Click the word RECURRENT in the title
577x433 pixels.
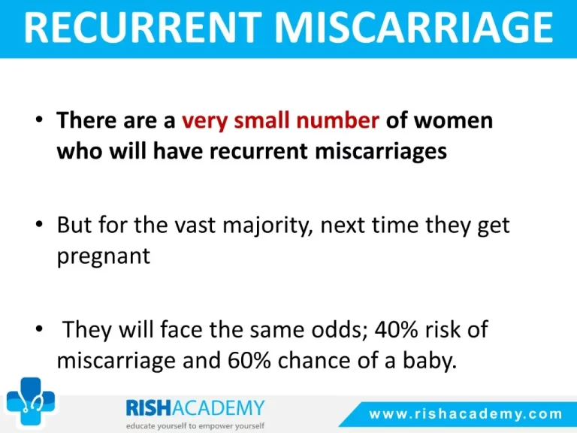(143, 27)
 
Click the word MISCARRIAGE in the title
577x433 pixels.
(414, 27)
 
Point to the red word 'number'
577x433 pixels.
(337, 120)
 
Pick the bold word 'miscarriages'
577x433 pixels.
(381, 152)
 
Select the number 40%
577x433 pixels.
(397, 329)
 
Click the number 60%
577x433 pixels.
(249, 360)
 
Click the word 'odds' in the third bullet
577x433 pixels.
(340, 329)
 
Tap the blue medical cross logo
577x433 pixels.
(31, 401)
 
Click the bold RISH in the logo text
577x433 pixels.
(149, 407)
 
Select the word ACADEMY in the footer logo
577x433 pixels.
(218, 407)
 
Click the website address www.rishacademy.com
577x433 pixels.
(466, 414)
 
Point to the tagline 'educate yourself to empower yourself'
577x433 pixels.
(195, 426)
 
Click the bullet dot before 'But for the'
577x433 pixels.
(39, 224)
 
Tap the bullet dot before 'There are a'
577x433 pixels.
(39, 120)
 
